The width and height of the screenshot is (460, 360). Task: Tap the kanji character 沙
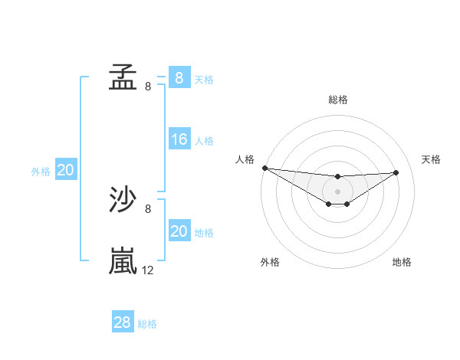(x=123, y=201)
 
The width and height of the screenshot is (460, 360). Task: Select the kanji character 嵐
(x=123, y=260)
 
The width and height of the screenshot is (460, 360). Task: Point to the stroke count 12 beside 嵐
(x=148, y=270)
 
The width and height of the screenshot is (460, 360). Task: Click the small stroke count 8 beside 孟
(x=148, y=86)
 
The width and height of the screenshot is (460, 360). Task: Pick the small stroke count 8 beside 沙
(x=148, y=208)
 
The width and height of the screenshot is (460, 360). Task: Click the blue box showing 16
(x=179, y=139)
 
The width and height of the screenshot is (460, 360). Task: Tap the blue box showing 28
(x=123, y=322)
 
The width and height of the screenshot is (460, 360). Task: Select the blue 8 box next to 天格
(x=179, y=77)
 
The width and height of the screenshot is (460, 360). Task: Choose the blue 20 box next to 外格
(x=65, y=170)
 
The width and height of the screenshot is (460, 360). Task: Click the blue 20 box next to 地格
(x=179, y=231)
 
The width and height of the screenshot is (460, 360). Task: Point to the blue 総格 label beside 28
(x=147, y=324)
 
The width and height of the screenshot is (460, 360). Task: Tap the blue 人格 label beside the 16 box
(x=204, y=141)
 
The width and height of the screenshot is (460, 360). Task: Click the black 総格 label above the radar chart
(x=338, y=100)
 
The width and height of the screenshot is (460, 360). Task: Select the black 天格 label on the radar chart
(x=431, y=159)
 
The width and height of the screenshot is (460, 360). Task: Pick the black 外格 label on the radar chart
(x=270, y=262)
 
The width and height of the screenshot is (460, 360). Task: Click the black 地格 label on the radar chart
(x=402, y=262)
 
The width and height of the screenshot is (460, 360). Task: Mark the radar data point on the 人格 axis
(x=264, y=167)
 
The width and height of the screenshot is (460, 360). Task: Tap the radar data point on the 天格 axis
(x=396, y=172)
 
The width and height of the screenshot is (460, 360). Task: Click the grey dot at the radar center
(x=337, y=191)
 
